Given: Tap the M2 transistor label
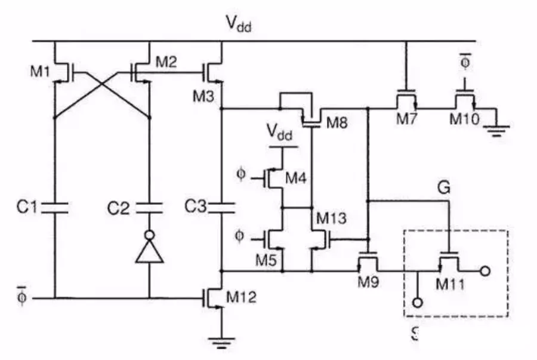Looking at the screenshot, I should (166, 61).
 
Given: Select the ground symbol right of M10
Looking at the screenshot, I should (496, 130).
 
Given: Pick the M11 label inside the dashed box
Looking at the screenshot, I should (452, 283).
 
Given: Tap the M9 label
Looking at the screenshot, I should (370, 281).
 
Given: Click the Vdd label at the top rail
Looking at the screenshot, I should (238, 24).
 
